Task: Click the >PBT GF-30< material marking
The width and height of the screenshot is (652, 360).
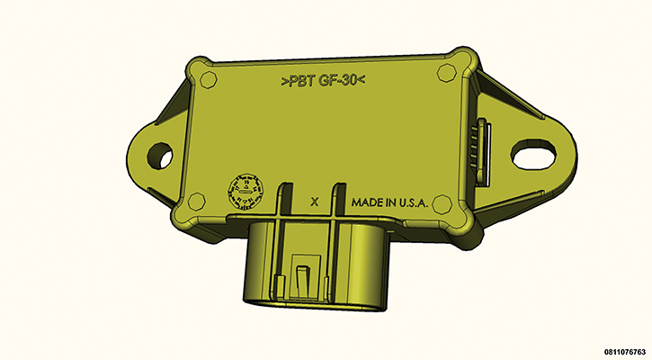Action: (x=323, y=82)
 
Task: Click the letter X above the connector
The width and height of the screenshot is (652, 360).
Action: (x=314, y=202)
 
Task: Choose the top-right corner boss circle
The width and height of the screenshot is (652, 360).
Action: (x=445, y=71)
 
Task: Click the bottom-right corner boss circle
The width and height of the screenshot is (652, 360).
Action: (x=442, y=205)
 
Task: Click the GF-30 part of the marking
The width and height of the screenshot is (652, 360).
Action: (x=337, y=82)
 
